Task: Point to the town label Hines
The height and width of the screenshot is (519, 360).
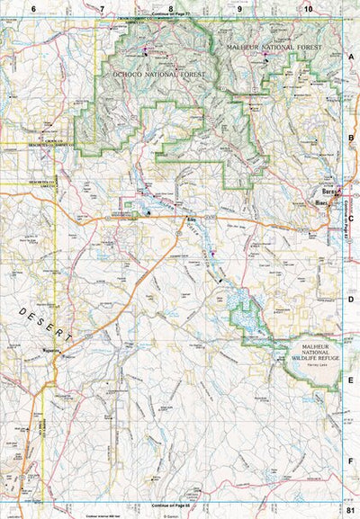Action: coord(322,204)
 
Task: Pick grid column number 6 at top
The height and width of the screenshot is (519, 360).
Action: coord(32,8)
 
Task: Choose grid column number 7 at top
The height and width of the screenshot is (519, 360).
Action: coord(102,8)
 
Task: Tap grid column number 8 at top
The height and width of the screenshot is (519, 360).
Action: coord(170,8)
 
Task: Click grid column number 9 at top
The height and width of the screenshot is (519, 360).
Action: coord(239,8)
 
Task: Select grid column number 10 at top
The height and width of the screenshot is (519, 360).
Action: coord(308,8)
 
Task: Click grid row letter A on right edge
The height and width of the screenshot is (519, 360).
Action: coord(350,55)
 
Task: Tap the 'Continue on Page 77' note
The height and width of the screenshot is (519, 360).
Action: coord(170,16)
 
